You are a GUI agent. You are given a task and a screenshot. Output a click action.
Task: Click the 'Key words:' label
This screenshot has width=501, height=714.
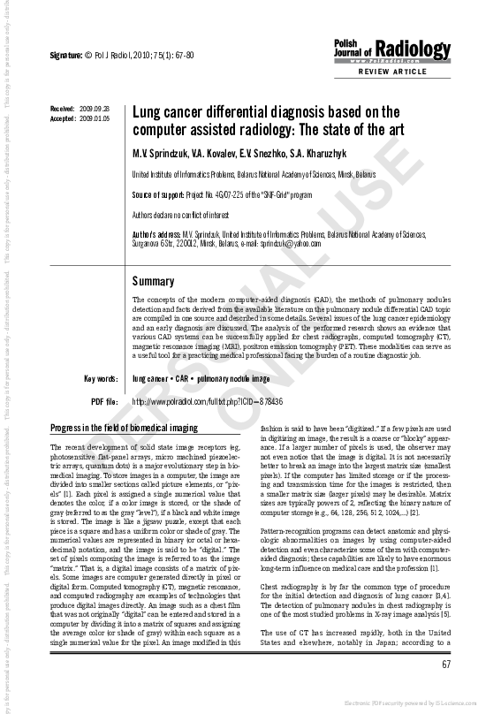tap(101, 379)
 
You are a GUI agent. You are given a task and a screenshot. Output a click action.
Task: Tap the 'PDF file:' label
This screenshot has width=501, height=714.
tap(104, 402)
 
